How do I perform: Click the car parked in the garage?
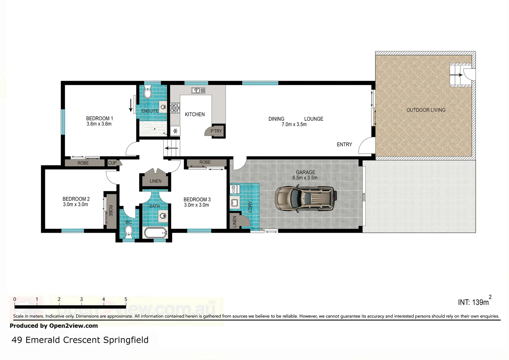click(305, 199)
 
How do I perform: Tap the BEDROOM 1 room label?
click(99, 118)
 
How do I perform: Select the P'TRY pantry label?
click(216, 131)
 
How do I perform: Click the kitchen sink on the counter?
click(198, 90)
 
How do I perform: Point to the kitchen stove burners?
click(175, 107)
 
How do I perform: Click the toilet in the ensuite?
click(148, 92)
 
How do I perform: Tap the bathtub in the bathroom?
click(155, 233)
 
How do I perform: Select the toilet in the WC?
click(129, 231)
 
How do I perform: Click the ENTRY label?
click(344, 144)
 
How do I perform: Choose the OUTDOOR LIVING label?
click(426, 110)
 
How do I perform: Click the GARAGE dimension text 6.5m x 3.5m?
click(305, 178)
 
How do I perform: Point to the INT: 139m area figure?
click(474, 302)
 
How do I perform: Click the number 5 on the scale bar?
click(126, 299)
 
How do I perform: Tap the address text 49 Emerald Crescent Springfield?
click(80, 340)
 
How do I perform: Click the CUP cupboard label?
click(112, 163)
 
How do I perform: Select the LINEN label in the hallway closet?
click(155, 181)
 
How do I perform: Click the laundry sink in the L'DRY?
click(235, 202)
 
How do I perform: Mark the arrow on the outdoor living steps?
click(456, 75)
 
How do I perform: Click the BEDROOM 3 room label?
click(197, 199)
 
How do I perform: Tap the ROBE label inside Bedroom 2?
click(110, 211)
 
